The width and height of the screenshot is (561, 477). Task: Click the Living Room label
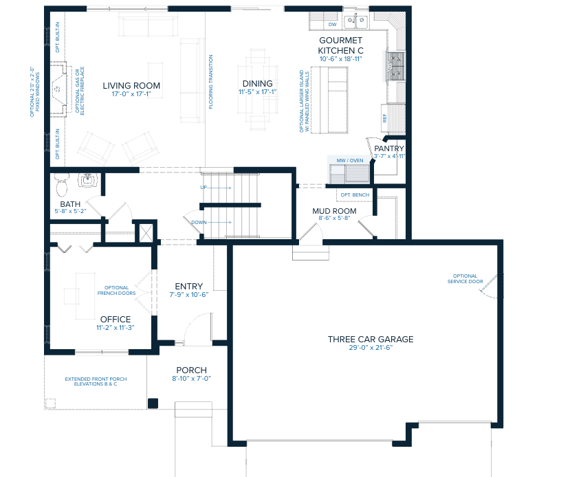pos(131,85)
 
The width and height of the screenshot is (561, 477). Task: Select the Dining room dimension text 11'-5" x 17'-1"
pos(257,92)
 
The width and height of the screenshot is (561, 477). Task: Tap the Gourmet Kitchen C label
pos(340,45)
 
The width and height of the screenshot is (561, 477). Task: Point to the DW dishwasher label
pos(331,25)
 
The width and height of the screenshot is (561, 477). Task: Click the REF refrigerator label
pos(385,117)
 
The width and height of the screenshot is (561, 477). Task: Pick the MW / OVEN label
pos(349,160)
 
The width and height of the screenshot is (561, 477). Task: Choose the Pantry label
pos(389,148)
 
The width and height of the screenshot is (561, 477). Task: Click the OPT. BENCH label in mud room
pos(355,195)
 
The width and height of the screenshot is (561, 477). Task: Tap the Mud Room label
pos(334,211)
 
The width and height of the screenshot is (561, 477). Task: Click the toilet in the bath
pos(61,184)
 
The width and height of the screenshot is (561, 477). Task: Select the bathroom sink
pos(87,181)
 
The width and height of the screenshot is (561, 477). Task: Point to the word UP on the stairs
pos(203,187)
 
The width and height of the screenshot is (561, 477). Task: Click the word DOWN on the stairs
pos(199,222)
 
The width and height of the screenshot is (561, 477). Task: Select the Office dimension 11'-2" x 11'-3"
pos(115,328)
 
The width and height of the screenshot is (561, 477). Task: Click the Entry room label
pos(188,286)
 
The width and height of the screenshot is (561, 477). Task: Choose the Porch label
pos(191,369)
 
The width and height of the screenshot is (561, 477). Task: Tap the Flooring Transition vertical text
pos(211,82)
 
